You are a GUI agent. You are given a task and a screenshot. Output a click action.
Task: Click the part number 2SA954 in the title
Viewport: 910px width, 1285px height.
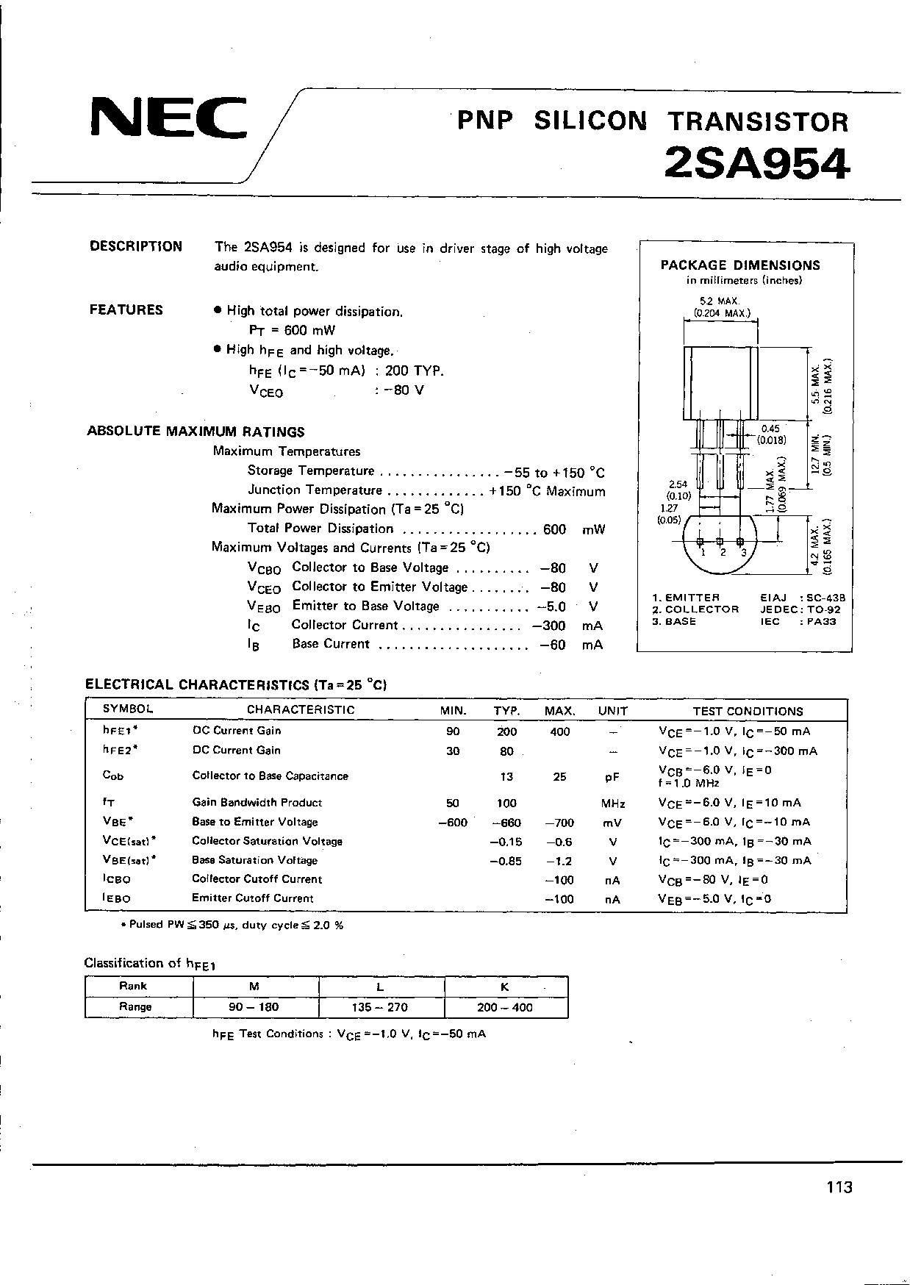[x=756, y=163]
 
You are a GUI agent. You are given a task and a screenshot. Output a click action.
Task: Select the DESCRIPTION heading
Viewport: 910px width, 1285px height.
[x=136, y=247]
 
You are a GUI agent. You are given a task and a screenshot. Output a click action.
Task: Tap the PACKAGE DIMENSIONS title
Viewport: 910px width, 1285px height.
[x=740, y=265]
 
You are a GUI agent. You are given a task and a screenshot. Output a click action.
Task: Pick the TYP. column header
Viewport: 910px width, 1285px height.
[x=506, y=711]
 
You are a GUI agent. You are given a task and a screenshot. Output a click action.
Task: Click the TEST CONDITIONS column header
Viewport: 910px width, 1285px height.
[x=748, y=711]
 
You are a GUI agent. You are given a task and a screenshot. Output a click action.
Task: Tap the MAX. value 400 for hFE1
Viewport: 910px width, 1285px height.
[x=559, y=731]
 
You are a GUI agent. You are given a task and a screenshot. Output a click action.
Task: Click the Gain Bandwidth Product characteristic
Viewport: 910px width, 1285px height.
[x=257, y=803]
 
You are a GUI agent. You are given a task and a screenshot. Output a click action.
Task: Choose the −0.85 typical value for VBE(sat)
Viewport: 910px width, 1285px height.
[x=506, y=861]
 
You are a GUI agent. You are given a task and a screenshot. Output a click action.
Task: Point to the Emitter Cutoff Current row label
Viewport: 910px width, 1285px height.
[x=253, y=898]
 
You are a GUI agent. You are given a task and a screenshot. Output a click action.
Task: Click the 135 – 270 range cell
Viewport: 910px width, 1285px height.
[x=381, y=1007]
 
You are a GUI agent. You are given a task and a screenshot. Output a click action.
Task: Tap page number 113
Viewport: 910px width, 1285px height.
[x=839, y=1186]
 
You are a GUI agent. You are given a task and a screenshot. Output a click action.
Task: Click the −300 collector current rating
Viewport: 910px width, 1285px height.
[x=549, y=626]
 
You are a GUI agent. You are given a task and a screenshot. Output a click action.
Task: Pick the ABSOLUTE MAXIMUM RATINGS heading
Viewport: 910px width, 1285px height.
[x=196, y=432]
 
